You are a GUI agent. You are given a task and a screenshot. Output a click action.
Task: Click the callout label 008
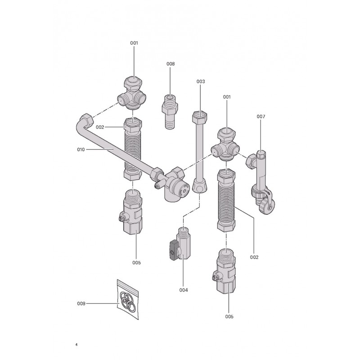171,64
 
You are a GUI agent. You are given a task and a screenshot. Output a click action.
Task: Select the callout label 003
200,81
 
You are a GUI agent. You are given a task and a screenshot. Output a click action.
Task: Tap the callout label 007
261,117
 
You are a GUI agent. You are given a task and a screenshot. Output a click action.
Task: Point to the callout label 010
81,150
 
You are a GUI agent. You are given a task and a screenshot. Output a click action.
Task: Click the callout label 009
81,304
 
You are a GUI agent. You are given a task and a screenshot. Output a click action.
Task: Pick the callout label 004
184,290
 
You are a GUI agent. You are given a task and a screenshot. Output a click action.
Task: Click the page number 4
76,345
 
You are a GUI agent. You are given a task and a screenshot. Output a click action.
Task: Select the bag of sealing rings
128,299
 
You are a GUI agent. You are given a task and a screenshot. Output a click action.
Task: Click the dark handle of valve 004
173,250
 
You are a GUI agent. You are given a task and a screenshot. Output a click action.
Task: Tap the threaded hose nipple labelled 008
170,111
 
